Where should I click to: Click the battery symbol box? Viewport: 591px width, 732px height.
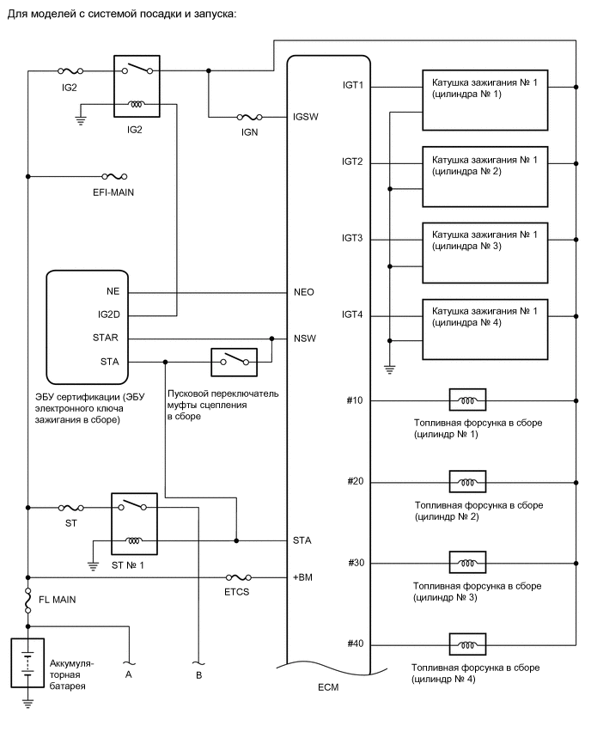coord(27,662)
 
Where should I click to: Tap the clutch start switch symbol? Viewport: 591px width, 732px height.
coord(235,361)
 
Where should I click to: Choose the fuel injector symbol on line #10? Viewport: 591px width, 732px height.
coord(467,400)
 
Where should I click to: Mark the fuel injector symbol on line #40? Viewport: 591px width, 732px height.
coord(467,644)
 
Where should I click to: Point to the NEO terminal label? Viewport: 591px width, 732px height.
coord(304,292)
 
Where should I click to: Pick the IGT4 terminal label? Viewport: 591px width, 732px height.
coord(353,316)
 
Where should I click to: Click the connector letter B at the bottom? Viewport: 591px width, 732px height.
coord(198,675)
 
